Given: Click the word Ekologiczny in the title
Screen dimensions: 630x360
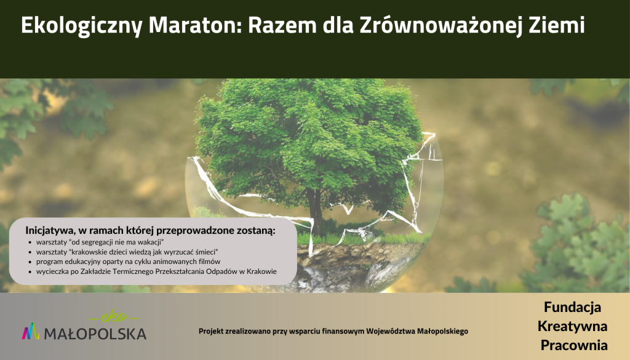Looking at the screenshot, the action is coord(82,26).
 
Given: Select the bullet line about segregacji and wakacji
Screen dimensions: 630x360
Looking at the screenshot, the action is coord(100,242).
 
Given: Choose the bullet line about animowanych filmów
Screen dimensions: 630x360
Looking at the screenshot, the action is coord(128,262).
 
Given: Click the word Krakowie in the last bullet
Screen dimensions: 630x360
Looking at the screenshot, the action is coord(262,271).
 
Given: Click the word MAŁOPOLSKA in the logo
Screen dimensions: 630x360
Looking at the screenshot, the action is coord(95,334).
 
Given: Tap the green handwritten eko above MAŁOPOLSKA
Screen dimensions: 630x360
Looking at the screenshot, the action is coord(114,317).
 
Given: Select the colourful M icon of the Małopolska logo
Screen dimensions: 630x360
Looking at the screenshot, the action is coord(31,330).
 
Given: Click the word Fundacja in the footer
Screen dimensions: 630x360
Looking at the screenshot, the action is coord(573,307).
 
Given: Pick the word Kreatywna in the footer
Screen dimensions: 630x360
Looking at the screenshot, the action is coord(573,326).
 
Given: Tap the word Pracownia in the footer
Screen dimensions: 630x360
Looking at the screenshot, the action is coord(574,345).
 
